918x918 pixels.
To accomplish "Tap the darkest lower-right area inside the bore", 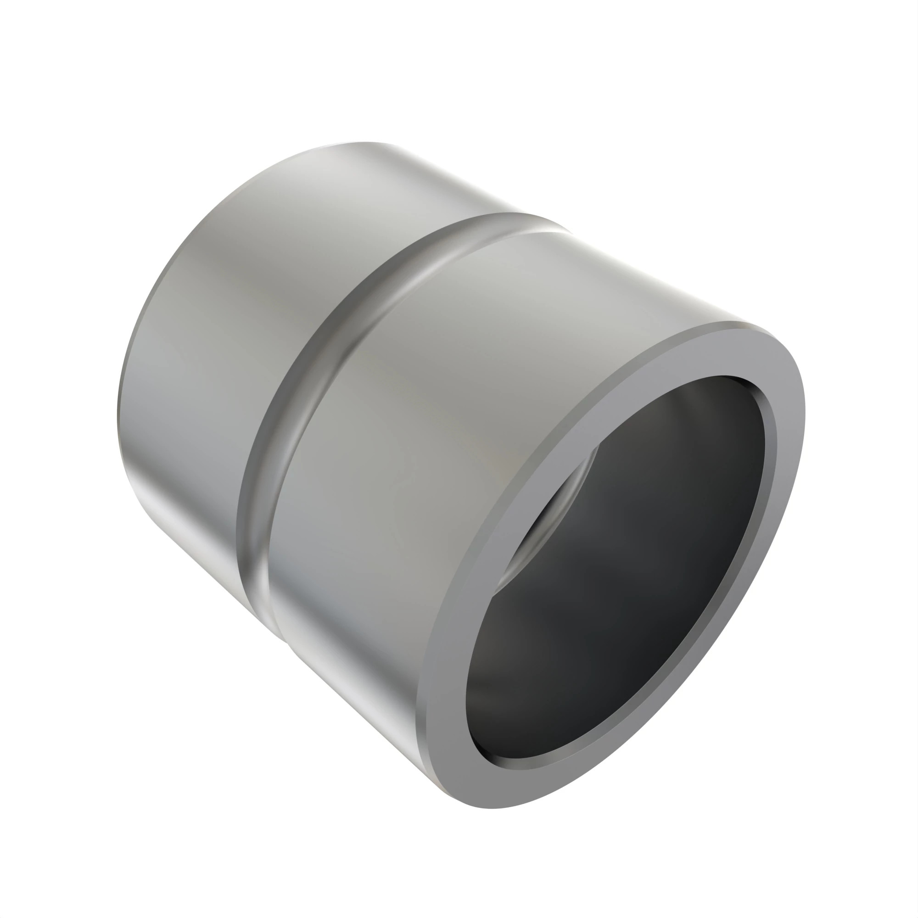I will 689,618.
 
